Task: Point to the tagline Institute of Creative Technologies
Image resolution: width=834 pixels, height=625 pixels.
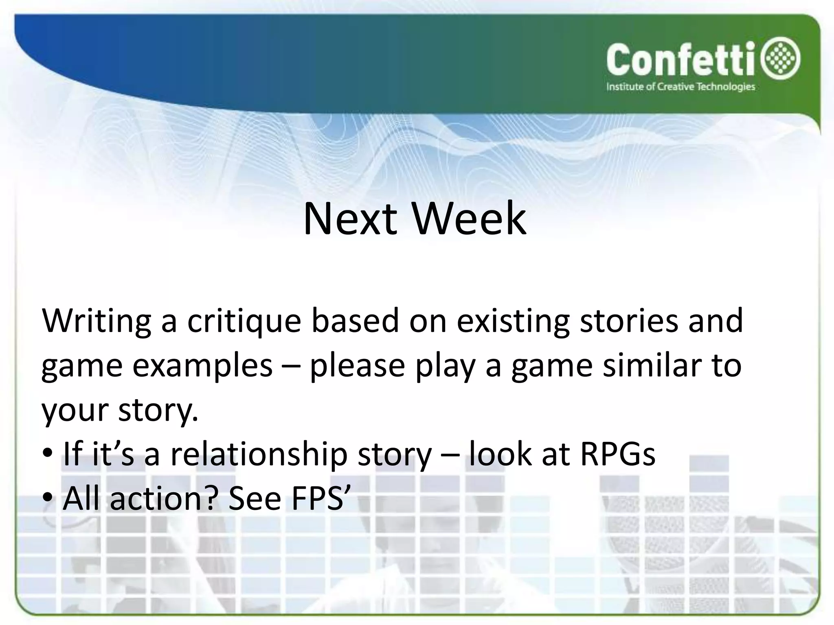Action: coord(680,87)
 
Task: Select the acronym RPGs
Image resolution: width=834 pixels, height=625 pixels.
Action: coord(617,455)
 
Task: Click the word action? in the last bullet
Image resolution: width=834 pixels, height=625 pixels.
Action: coord(162,499)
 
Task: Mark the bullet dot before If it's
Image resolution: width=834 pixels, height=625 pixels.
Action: coord(48,453)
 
